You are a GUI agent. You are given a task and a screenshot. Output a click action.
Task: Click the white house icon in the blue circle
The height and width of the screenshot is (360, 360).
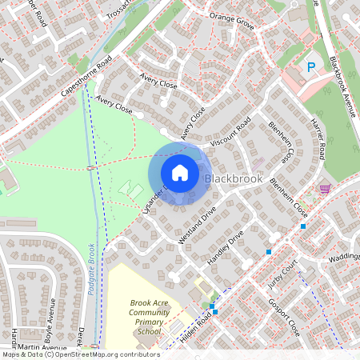click(180, 173)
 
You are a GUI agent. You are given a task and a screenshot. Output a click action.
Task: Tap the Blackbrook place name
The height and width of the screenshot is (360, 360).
click(234, 179)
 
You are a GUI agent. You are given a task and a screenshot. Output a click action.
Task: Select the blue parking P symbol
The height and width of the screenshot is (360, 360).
click(310, 68)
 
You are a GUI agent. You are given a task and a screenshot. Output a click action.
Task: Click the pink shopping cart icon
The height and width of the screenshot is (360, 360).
click(325, 189)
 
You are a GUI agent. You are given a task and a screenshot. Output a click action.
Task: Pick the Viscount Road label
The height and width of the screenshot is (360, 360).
click(233, 132)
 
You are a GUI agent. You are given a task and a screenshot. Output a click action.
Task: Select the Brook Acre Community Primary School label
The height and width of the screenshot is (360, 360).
click(145, 317)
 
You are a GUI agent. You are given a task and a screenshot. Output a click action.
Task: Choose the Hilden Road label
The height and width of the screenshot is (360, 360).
click(195, 328)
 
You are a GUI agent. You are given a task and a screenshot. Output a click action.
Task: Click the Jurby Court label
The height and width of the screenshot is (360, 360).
click(284, 272)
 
